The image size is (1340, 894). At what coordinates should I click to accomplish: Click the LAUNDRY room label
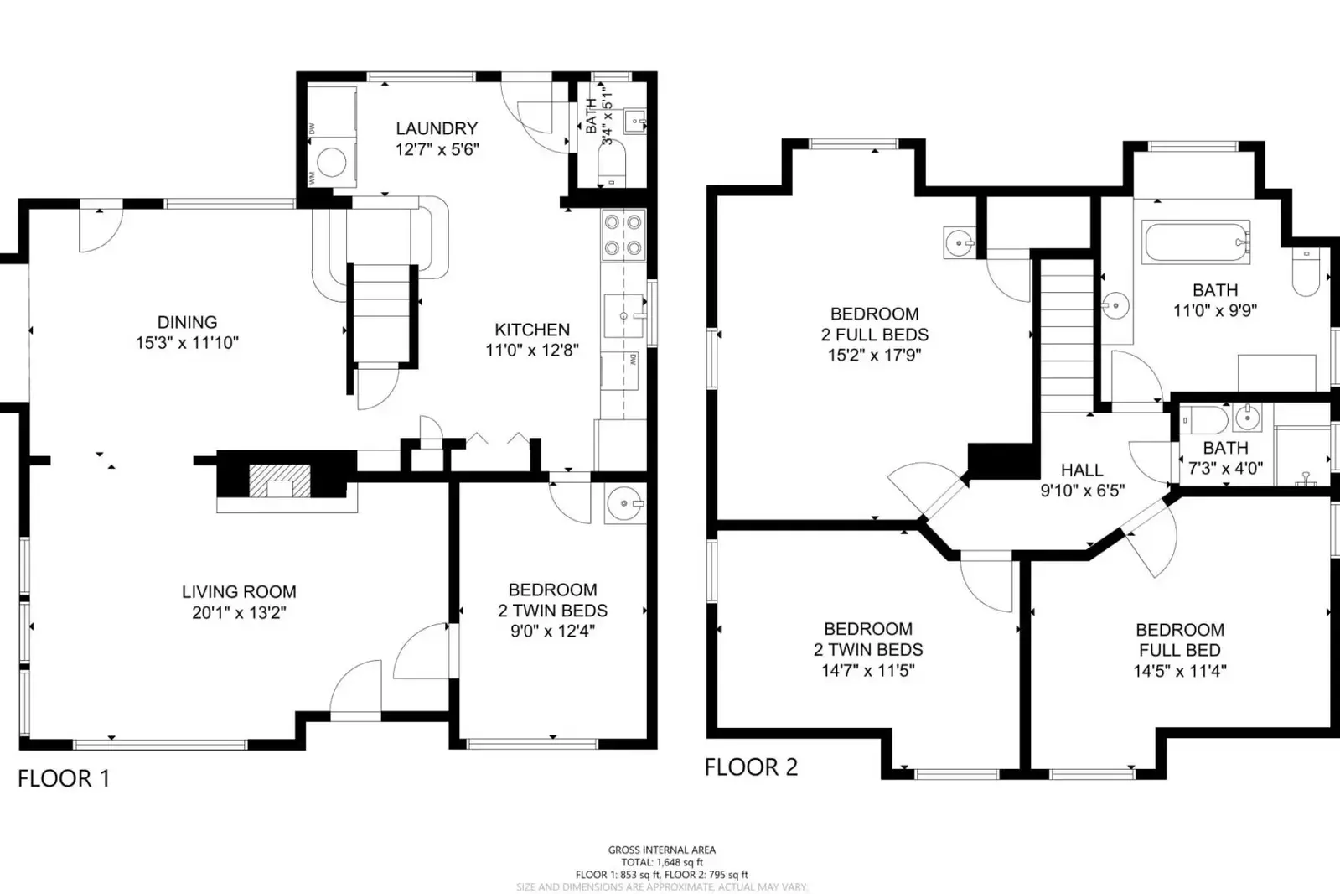436,128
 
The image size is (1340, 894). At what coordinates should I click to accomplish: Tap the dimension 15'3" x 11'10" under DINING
187,343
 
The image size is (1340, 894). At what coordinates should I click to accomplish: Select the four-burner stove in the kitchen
623,235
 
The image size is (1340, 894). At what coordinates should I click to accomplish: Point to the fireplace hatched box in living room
280,481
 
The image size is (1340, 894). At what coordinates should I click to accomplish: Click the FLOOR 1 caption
64,779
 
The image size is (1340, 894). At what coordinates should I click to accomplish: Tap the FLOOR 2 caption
751,767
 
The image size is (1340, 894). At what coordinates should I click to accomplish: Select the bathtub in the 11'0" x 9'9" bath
1196,242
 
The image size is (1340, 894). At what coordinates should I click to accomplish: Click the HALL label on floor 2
1082,470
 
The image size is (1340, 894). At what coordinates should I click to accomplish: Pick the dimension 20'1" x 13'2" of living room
239,613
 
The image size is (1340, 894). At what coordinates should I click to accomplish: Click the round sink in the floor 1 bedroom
624,504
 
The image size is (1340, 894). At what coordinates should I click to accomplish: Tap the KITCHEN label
532,330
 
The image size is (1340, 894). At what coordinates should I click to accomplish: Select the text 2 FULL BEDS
874,335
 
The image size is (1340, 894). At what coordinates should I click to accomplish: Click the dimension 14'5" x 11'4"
1179,671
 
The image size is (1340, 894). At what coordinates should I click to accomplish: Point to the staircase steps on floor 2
1068,335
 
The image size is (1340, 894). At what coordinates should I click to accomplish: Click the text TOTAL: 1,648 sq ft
661,862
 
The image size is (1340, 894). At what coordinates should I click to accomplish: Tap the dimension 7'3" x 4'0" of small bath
1225,469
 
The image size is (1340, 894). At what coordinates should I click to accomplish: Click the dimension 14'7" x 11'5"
867,671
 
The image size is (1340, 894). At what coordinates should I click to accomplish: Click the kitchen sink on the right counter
624,315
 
